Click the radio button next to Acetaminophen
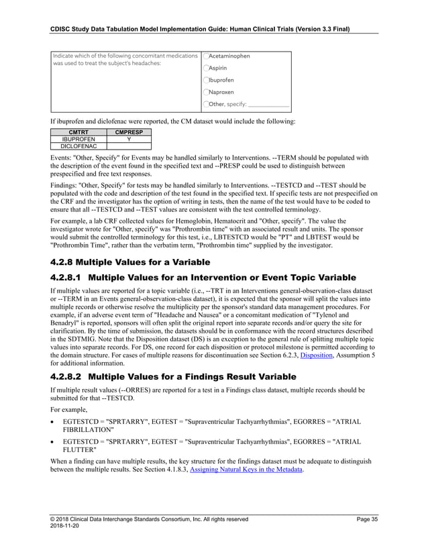(206, 56)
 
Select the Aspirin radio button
(206, 68)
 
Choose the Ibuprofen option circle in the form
(206, 80)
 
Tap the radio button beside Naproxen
(206, 92)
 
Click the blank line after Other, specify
(268, 105)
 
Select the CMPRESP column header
(128, 132)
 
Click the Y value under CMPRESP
(128, 139)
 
